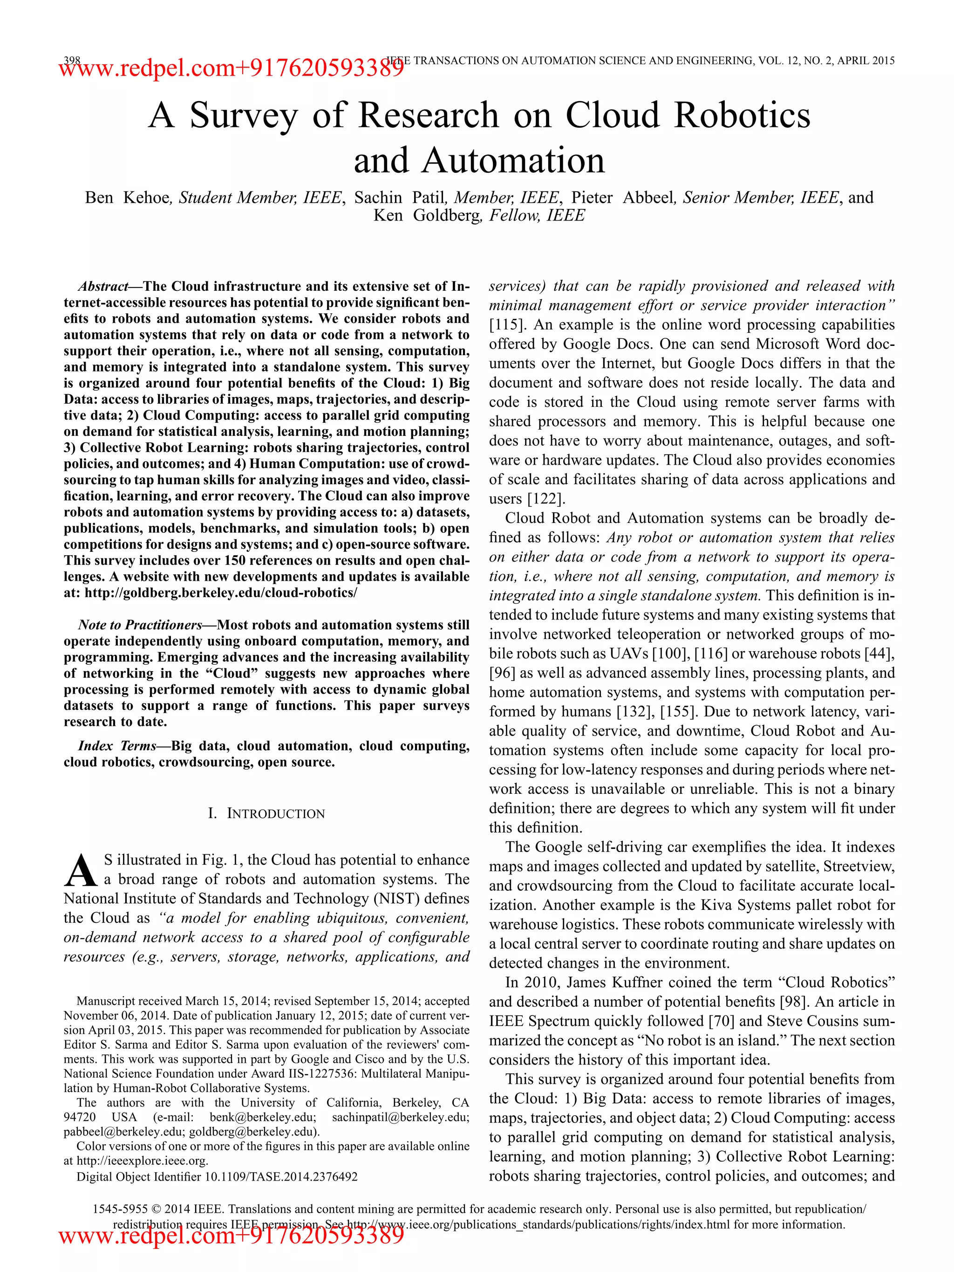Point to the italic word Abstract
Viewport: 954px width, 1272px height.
pos(103,286)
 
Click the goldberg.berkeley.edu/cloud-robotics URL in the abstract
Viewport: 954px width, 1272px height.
pos(221,593)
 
